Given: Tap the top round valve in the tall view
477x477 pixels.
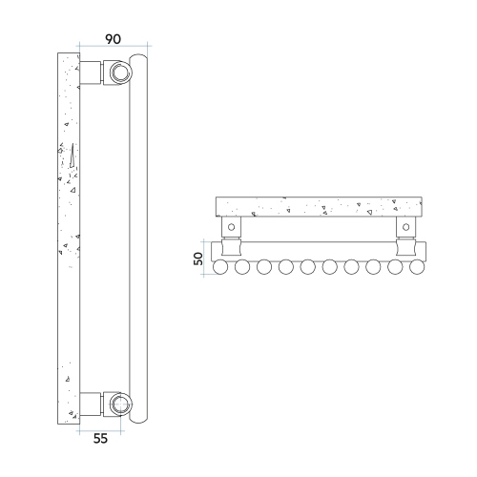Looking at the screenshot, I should (x=119, y=73).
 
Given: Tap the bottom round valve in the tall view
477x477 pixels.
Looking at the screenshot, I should (x=119, y=403).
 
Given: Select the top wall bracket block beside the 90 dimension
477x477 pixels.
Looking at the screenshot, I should (x=93, y=73).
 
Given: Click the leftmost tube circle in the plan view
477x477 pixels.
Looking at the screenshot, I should (x=221, y=268).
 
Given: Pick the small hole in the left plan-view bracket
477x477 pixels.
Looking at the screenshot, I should (x=230, y=227).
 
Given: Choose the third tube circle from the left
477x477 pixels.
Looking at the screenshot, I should (x=265, y=268).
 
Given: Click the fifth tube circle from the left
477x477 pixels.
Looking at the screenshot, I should (x=309, y=268).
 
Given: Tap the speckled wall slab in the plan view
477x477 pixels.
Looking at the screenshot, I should (x=319, y=206).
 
